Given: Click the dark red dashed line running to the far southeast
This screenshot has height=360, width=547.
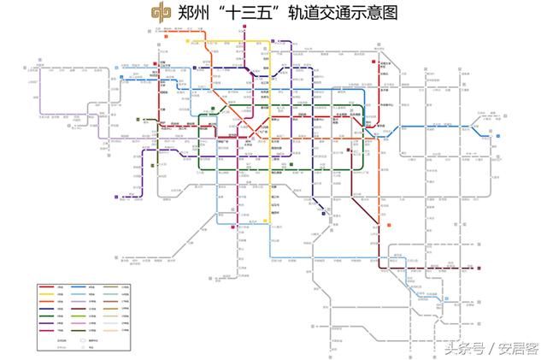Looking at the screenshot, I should (x=444, y=268).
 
